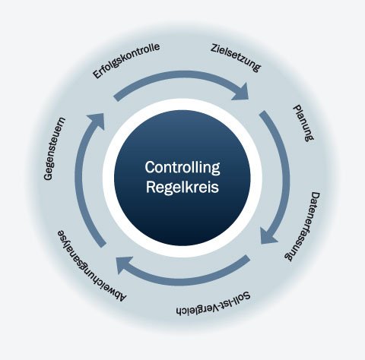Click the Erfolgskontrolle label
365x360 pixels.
[x=126, y=63]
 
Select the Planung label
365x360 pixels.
[x=303, y=122]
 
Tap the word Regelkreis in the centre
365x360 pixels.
[x=182, y=186]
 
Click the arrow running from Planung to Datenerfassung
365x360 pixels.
[x=284, y=175]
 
